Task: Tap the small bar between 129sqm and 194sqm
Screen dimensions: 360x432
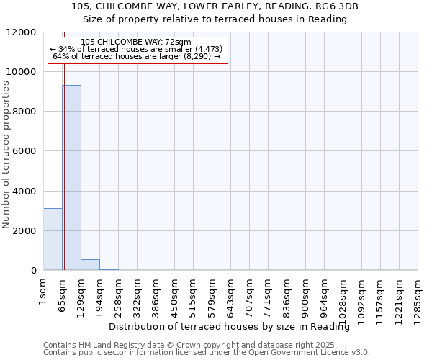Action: pyautogui.click(x=90, y=264)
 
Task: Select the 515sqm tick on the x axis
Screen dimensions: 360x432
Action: pyautogui.click(x=193, y=294)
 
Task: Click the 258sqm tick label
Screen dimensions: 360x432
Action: pyautogui.click(x=118, y=294)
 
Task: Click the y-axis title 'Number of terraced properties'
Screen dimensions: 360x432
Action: pyautogui.click(x=6, y=155)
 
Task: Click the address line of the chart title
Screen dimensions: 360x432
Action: pyautogui.click(x=215, y=6)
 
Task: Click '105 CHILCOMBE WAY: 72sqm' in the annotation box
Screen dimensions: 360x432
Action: pyautogui.click(x=137, y=42)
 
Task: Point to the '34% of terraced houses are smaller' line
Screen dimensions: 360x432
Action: pyautogui.click(x=137, y=49)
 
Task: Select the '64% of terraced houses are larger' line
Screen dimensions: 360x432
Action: pyautogui.click(x=137, y=56)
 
